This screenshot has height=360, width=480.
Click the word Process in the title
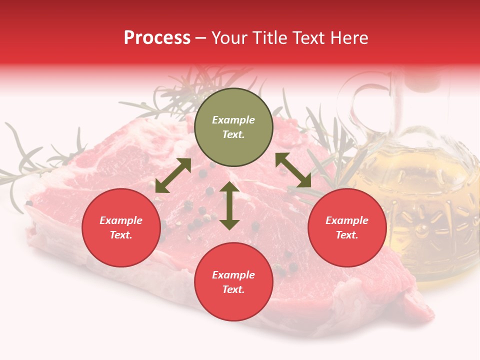(x=157, y=38)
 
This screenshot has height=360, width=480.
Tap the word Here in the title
(x=348, y=38)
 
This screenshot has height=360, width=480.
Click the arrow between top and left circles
(x=173, y=175)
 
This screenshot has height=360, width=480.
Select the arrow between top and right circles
(x=293, y=170)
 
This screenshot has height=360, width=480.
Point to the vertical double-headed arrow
(x=229, y=205)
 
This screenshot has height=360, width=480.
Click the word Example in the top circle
(x=233, y=120)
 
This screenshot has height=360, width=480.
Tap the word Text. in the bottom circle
(x=233, y=289)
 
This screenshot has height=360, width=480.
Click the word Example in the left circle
(x=121, y=220)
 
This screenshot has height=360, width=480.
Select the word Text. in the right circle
(x=347, y=235)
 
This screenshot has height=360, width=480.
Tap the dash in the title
(x=201, y=38)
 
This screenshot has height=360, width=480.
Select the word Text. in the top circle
(x=233, y=134)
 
